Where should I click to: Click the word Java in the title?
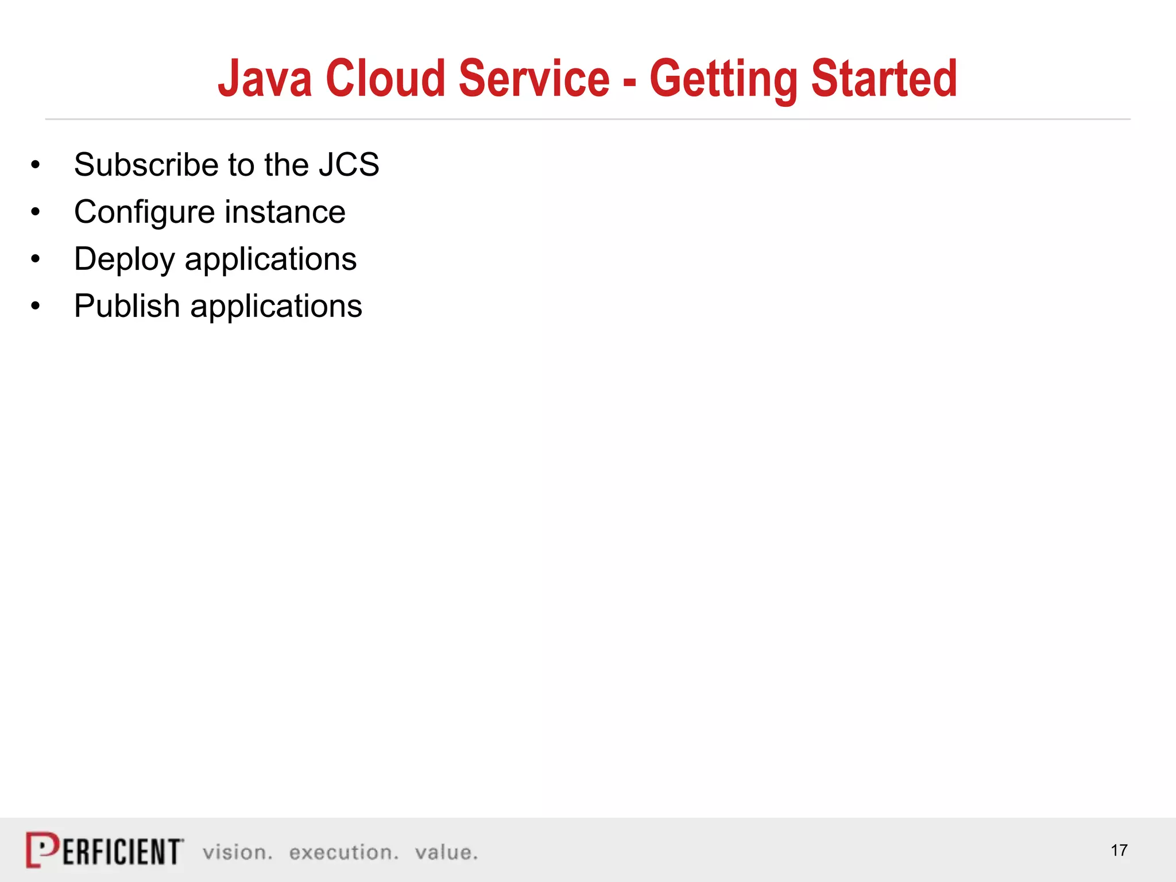point(265,79)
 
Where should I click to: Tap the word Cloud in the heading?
point(386,79)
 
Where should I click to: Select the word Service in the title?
point(534,79)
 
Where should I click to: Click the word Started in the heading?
point(884,79)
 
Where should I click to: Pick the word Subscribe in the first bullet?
point(146,165)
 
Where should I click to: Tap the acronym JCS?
point(349,165)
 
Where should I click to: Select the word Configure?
point(144,212)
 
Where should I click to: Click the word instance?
point(285,212)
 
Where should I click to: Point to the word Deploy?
point(124,260)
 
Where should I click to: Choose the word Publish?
point(127,306)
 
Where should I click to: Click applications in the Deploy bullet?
point(270,260)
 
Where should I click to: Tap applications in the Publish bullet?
point(276,306)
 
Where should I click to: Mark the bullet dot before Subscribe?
point(36,165)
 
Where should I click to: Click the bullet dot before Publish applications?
point(36,307)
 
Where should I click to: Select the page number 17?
point(1119,850)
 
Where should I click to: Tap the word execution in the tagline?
point(343,853)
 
